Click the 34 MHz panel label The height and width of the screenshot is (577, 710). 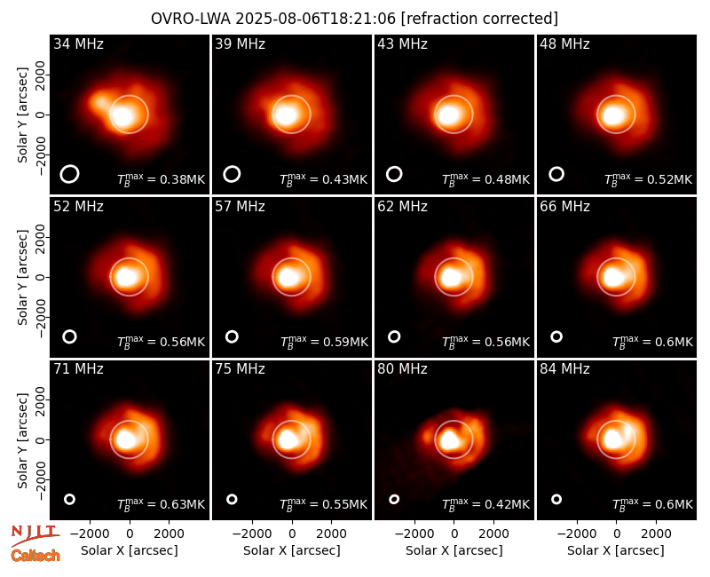click(x=78, y=43)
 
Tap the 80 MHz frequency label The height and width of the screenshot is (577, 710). click(x=402, y=369)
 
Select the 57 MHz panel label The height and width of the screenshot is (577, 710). click(x=240, y=207)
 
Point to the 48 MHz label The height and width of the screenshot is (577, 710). click(x=564, y=43)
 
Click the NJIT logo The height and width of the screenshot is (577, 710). click(x=35, y=534)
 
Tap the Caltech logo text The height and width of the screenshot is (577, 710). click(x=35, y=556)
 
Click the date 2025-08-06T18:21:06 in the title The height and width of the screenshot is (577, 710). click(x=315, y=19)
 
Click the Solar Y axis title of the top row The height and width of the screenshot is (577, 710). click(x=22, y=115)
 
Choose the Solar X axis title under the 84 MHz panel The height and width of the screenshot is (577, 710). click(x=616, y=550)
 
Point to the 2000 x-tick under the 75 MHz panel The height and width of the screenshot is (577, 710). click(x=331, y=534)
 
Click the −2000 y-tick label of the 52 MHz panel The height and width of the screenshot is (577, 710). click(x=40, y=318)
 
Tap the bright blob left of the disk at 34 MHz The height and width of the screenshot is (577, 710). click(x=99, y=101)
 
